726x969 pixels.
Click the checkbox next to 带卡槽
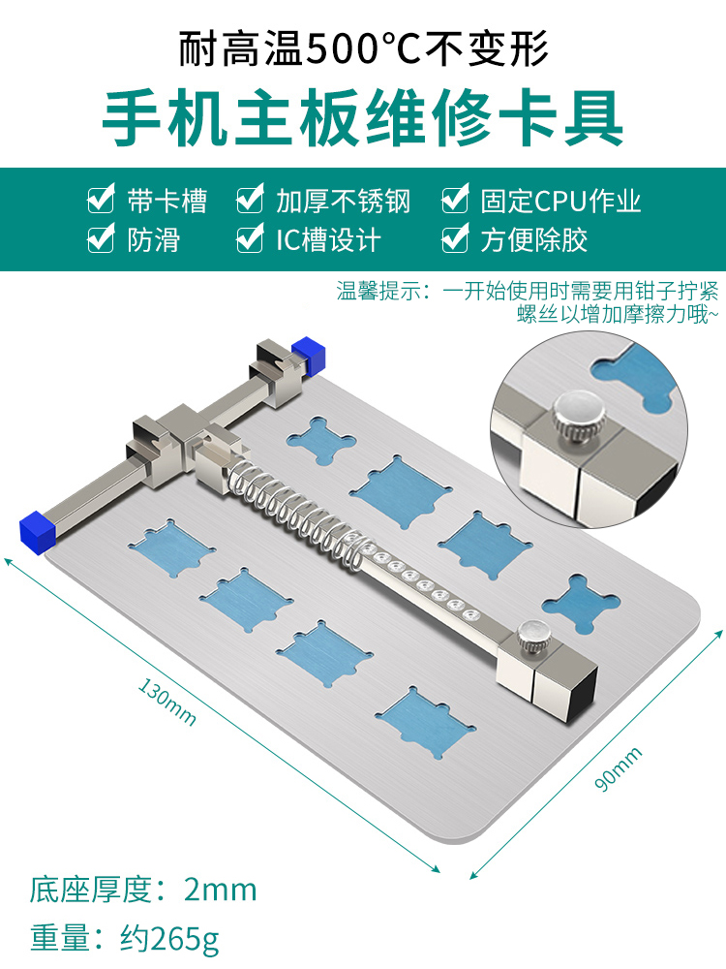[100, 202]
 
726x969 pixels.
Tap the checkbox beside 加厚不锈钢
[250, 202]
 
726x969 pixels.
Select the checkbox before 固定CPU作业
[455, 202]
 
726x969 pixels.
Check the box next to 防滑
[100, 239]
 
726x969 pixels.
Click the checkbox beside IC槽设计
[250, 239]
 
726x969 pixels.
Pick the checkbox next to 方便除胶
[455, 239]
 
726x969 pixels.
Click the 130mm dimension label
[167, 703]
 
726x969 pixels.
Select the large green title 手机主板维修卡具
[363, 118]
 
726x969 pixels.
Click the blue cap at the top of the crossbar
[309, 354]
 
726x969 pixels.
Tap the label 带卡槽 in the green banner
[166, 202]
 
